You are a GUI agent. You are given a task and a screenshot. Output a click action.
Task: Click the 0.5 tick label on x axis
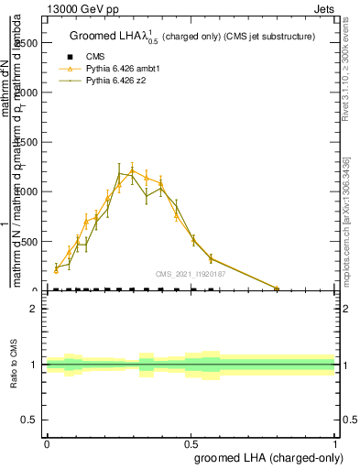[191, 443]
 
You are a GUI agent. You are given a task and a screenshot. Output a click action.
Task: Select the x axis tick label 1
[335, 443]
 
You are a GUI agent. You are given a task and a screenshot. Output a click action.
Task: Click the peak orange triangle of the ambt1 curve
[132, 169]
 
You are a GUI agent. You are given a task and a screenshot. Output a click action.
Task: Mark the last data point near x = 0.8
[277, 289]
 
